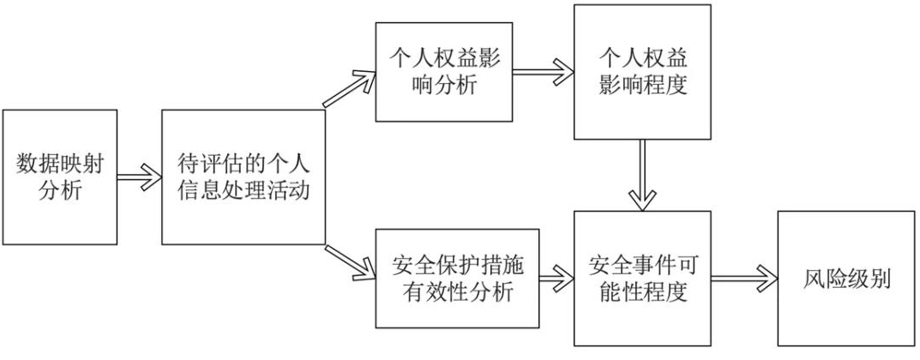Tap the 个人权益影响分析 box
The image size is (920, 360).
click(x=444, y=71)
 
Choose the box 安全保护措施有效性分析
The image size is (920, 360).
click(x=457, y=279)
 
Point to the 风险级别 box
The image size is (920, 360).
click(x=834, y=279)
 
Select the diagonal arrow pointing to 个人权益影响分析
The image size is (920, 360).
click(x=350, y=88)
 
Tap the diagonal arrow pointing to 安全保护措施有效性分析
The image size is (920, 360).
click(x=350, y=263)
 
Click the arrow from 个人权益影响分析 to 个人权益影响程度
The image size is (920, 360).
click(x=544, y=69)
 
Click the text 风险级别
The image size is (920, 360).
click(x=834, y=279)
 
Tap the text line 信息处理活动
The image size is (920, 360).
click(x=244, y=191)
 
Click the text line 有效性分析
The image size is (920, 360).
click(x=458, y=292)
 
